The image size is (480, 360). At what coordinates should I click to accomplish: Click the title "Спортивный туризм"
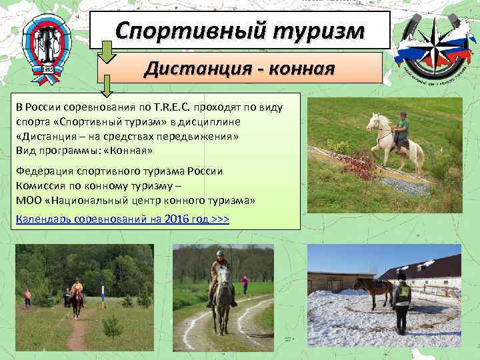(239, 30)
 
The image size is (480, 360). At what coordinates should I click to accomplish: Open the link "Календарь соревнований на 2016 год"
(122, 219)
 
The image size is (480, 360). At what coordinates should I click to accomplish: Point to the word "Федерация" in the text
(41, 171)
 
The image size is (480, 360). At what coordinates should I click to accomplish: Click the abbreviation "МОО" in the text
(27, 200)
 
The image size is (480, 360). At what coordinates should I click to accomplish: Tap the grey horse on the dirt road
(221, 293)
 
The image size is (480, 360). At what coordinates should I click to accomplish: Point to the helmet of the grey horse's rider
(220, 255)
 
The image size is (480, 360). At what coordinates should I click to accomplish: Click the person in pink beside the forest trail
(27, 297)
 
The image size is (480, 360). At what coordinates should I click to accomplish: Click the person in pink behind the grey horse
(245, 285)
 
